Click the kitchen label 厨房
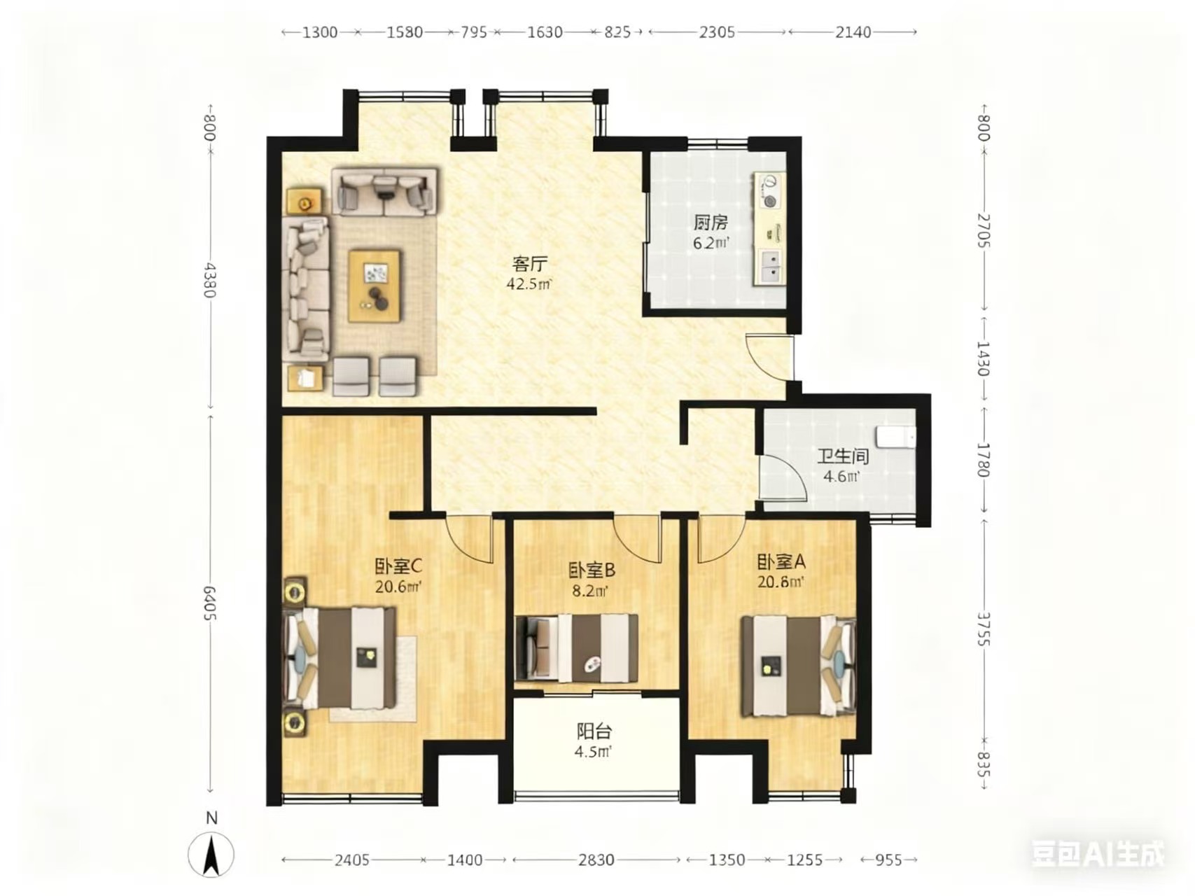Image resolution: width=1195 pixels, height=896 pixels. (x=711, y=223)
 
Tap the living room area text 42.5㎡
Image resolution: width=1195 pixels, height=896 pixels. (x=529, y=284)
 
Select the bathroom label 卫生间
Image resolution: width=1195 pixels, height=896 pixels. (x=843, y=457)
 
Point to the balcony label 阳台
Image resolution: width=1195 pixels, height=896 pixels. (x=594, y=732)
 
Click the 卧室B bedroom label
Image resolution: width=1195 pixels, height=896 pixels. (x=592, y=570)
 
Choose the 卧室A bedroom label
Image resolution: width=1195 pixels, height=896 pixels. (x=781, y=562)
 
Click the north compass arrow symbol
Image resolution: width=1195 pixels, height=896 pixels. (x=211, y=855)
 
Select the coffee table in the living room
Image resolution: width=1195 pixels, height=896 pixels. (x=375, y=286)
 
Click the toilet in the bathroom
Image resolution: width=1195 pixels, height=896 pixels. (x=897, y=437)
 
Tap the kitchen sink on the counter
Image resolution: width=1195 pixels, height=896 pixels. (x=769, y=266)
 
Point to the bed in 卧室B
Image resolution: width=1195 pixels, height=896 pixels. (x=577, y=648)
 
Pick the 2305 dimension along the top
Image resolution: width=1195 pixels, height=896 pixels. (x=718, y=32)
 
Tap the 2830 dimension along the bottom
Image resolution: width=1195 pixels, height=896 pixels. (x=596, y=860)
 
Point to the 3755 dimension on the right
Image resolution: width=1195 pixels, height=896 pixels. (x=984, y=629)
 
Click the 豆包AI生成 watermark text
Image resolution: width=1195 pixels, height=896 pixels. (x=1098, y=854)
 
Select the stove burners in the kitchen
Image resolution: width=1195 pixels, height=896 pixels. (x=769, y=192)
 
